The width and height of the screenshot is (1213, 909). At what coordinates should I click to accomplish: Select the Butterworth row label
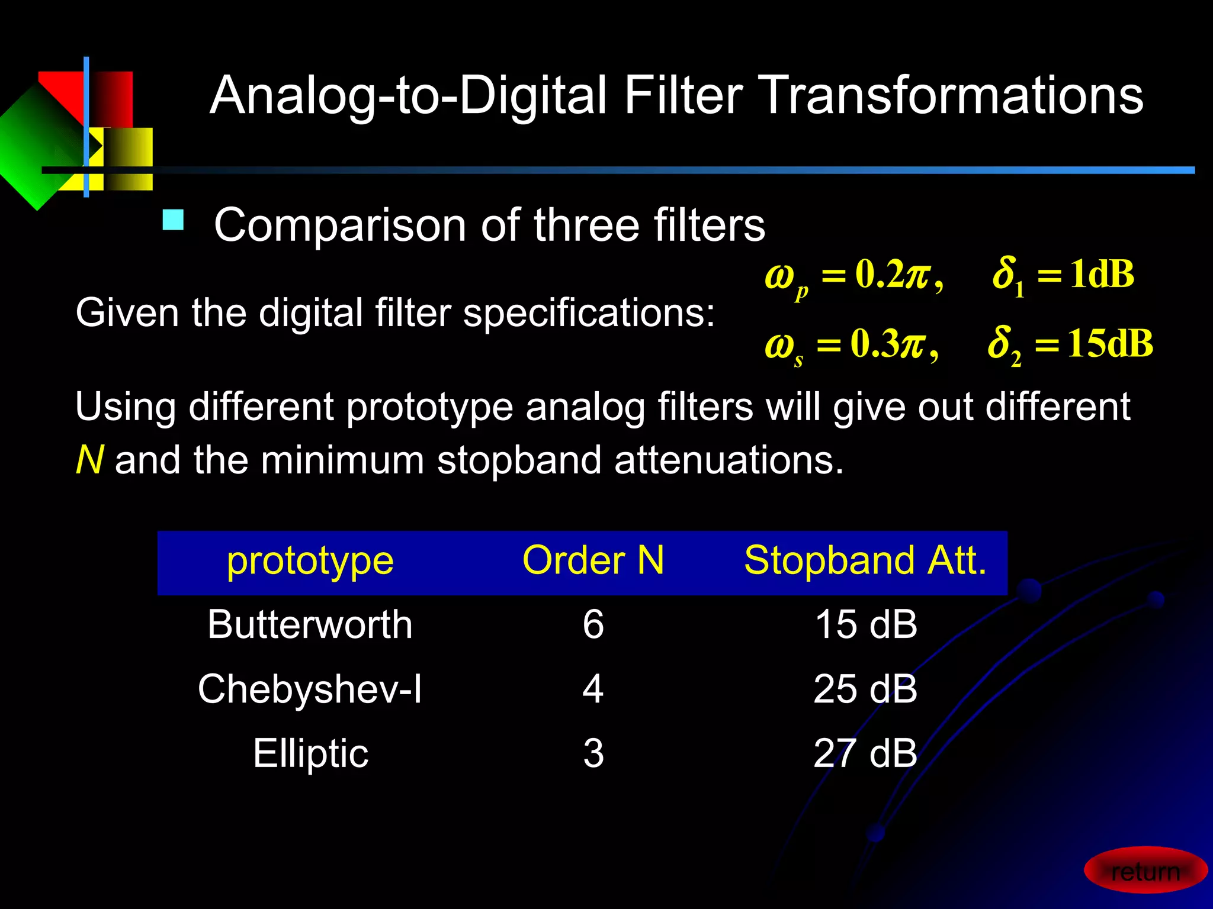point(310,625)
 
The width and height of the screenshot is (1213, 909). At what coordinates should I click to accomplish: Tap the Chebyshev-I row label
point(310,689)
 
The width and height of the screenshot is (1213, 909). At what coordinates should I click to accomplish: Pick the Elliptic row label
point(310,754)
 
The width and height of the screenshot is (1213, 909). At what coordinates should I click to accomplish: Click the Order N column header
point(593,560)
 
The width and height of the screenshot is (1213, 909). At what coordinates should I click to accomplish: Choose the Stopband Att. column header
point(865,560)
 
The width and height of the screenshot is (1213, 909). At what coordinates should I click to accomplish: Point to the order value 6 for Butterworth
point(593,625)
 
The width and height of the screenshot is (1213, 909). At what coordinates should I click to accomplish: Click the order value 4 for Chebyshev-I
point(593,689)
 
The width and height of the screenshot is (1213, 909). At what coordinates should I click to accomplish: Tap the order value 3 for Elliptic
point(593,754)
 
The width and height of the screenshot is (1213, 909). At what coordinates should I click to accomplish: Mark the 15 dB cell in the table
point(865,625)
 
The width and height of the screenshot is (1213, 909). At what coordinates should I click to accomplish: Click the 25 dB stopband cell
point(865,689)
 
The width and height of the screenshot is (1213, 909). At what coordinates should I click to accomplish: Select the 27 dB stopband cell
point(865,754)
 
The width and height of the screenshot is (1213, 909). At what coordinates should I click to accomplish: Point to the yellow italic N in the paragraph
point(89,460)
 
